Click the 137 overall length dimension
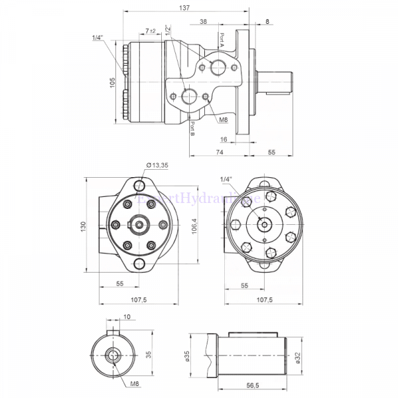point(185,8)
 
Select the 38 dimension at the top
point(202,21)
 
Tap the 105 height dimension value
point(113,82)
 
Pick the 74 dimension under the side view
point(218,153)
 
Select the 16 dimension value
point(224,139)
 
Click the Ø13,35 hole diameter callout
point(157,165)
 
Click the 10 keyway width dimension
point(126,316)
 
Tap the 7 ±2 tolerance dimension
point(151,31)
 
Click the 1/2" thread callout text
point(168,31)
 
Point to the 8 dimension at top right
point(267,21)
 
